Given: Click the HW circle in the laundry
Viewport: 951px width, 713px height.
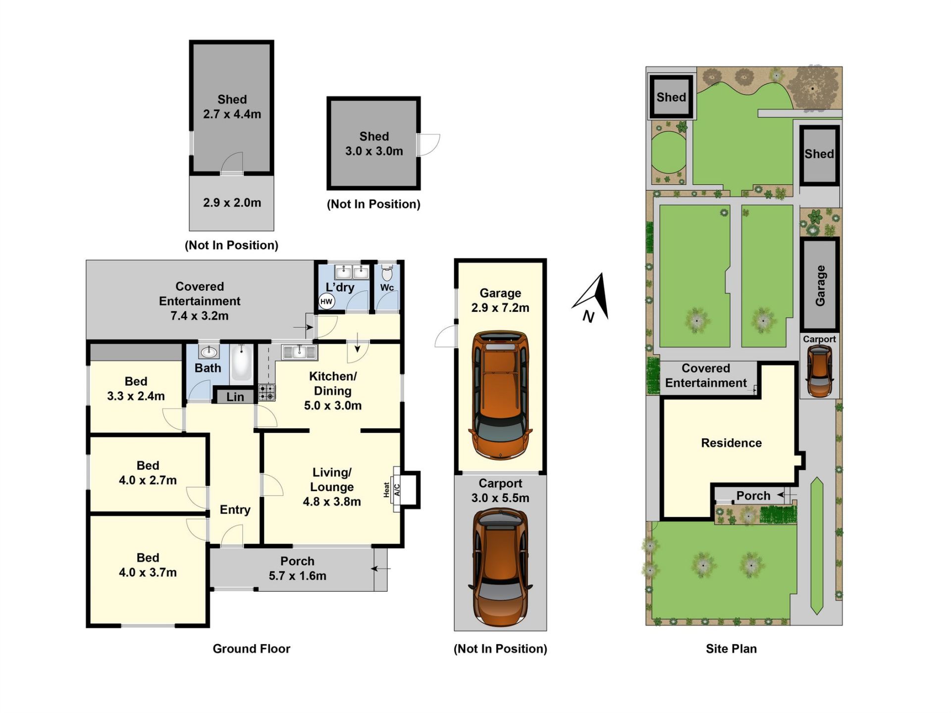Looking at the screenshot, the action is pyautogui.click(x=326, y=301).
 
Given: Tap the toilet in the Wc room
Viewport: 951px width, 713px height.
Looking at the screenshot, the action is pyautogui.click(x=387, y=271).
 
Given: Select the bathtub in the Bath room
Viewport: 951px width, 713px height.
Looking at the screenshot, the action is pyautogui.click(x=241, y=363).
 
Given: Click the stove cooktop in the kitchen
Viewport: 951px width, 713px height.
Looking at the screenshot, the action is pyautogui.click(x=266, y=392).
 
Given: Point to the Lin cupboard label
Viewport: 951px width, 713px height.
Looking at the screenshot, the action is pyautogui.click(x=235, y=397).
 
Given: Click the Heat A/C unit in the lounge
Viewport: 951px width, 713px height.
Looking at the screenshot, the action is pyautogui.click(x=397, y=490).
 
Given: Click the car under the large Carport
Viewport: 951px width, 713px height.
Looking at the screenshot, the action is pyautogui.click(x=500, y=567).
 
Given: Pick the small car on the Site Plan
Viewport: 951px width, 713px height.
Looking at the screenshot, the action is pyautogui.click(x=819, y=371).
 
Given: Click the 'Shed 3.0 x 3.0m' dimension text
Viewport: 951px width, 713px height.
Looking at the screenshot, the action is pyautogui.click(x=374, y=144).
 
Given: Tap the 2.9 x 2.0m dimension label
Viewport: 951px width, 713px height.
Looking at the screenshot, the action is pyautogui.click(x=232, y=203).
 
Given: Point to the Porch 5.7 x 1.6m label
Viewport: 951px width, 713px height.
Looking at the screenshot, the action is pyautogui.click(x=297, y=568).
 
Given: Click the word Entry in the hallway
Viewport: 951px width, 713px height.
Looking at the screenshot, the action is pyautogui.click(x=235, y=510).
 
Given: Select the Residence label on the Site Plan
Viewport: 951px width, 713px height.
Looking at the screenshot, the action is pyautogui.click(x=731, y=443).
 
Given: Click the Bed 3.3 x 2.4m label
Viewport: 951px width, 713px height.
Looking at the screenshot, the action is pyautogui.click(x=136, y=389).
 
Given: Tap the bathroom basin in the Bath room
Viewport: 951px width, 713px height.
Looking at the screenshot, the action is pyautogui.click(x=209, y=352).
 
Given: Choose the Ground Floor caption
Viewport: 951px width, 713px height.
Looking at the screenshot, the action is pyautogui.click(x=251, y=649).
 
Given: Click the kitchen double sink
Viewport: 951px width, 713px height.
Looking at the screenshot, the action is pyautogui.click(x=299, y=352).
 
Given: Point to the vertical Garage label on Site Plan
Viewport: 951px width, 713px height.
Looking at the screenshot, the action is pyautogui.click(x=820, y=285).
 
